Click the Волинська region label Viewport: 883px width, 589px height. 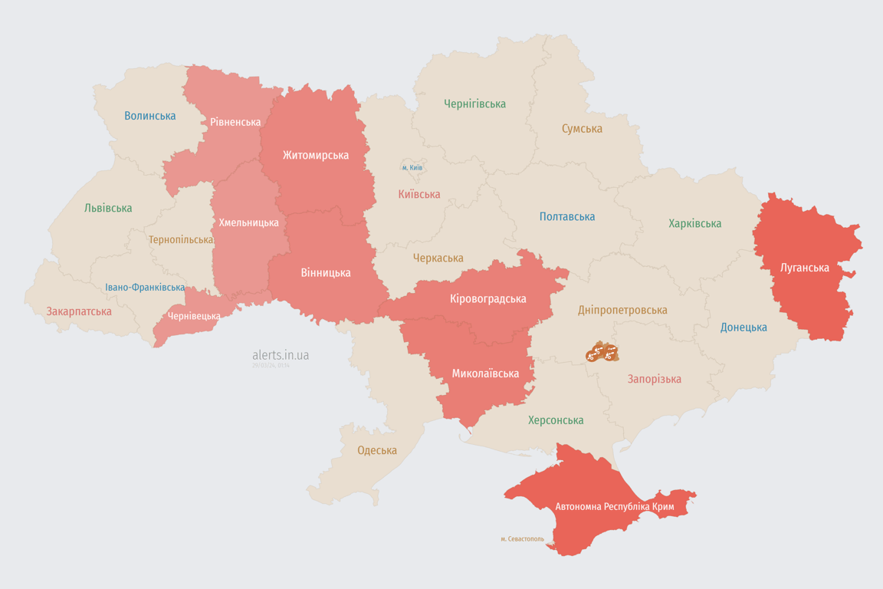click(149, 116)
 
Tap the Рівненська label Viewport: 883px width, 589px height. click(235, 122)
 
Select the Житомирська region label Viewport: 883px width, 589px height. click(315, 155)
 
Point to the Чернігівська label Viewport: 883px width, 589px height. click(474, 104)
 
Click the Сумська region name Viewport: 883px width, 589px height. click(582, 129)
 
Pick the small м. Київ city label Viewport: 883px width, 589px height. click(412, 167)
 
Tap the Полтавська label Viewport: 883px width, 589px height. click(567, 216)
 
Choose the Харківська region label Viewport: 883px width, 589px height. click(694, 223)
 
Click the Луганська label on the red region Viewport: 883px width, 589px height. click(804, 268)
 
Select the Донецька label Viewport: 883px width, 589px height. click(743, 327)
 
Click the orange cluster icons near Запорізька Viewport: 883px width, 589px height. click(602, 353)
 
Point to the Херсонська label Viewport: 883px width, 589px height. click(555, 420)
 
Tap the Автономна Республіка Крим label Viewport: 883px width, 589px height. click(614, 507)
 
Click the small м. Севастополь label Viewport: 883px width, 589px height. click(522, 539)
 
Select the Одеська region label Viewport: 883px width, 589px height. click(377, 450)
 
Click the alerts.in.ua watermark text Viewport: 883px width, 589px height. click(281, 355)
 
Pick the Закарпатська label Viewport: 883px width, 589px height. click(79, 311)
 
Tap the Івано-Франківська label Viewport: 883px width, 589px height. click(145, 288)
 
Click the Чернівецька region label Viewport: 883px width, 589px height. click(194, 316)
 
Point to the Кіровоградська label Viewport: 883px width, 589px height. click(487, 298)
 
